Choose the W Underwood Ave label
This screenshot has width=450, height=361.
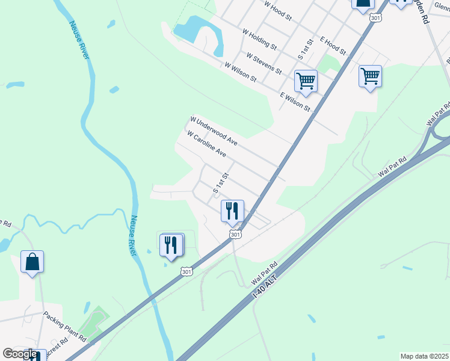click(x=214, y=131)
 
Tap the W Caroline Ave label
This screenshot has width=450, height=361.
click(x=206, y=145)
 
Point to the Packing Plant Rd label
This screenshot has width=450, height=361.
click(x=65, y=326)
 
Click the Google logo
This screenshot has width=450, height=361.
click(x=20, y=354)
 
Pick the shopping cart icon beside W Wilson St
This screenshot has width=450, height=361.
click(x=306, y=81)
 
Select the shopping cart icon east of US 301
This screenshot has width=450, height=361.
click(x=370, y=76)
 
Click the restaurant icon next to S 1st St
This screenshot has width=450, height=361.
click(x=232, y=211)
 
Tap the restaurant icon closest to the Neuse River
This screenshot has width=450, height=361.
click(x=172, y=245)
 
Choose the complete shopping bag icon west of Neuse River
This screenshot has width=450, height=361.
click(x=32, y=262)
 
